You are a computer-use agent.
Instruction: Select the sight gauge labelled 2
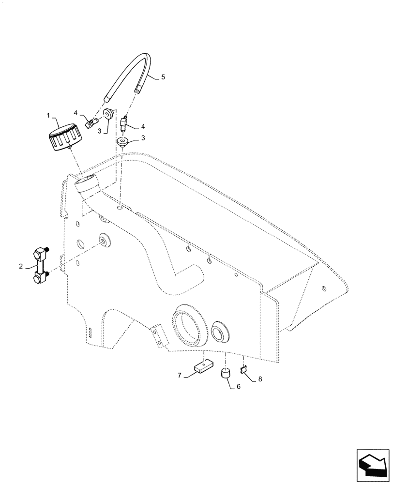click(x=41, y=266)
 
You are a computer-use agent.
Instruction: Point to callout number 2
click(x=21, y=265)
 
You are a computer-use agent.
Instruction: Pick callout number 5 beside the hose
click(x=163, y=77)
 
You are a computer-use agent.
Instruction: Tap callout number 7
click(x=179, y=376)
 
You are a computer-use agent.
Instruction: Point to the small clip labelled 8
click(x=245, y=370)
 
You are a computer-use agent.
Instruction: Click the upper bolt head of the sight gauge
click(x=40, y=254)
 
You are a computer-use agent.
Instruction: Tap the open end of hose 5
click(x=138, y=90)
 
